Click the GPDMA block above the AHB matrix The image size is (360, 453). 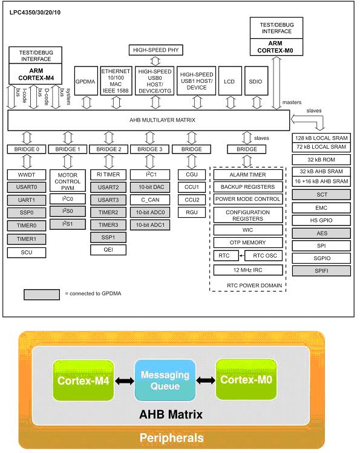pos(86,81)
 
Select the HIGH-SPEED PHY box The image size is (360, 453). pos(155,50)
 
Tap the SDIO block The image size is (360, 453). pos(256,81)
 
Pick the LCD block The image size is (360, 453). pos(230,81)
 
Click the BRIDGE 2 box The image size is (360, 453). pos(109,149)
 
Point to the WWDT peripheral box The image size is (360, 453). pos(27,175)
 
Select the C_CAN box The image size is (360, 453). pos(150,200)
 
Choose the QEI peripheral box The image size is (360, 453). pos(108,250)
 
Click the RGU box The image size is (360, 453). pos(192,212)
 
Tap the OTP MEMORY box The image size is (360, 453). pos(248,243)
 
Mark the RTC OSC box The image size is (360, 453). pos(264,256)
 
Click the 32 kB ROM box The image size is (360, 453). pos(321,160)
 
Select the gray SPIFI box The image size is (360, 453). pos(321,271)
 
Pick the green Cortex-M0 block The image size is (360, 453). pos(246,379)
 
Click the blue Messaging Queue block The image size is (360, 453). pos(165,380)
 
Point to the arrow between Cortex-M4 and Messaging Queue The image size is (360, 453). pos(125,381)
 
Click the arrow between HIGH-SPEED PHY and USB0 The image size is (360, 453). pos(155,61)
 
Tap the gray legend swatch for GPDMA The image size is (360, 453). pos(42,295)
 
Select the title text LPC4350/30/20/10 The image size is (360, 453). pos(35,13)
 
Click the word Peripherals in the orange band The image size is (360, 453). pos(172,438)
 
